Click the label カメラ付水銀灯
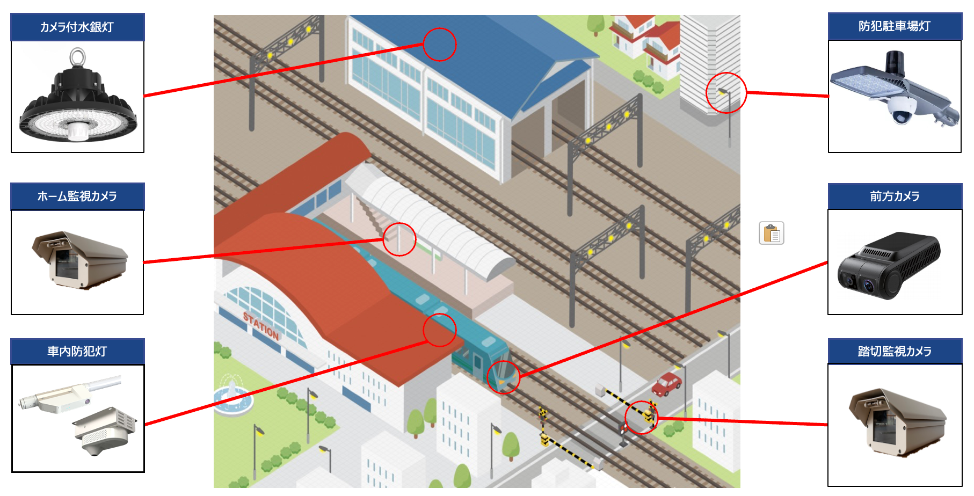click(77, 27)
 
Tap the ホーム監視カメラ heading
click(77, 196)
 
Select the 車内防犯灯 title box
click(77, 352)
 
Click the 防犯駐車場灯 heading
click(895, 26)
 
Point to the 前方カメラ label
click(895, 196)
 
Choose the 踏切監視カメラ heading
click(895, 352)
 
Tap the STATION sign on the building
click(261, 326)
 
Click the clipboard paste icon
click(772, 234)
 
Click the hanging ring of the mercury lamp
click(77, 56)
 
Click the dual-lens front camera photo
click(889, 266)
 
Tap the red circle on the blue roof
click(440, 45)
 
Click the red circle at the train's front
click(504, 377)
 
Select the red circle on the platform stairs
click(399, 239)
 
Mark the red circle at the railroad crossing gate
click(642, 418)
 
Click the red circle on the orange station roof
click(440, 330)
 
